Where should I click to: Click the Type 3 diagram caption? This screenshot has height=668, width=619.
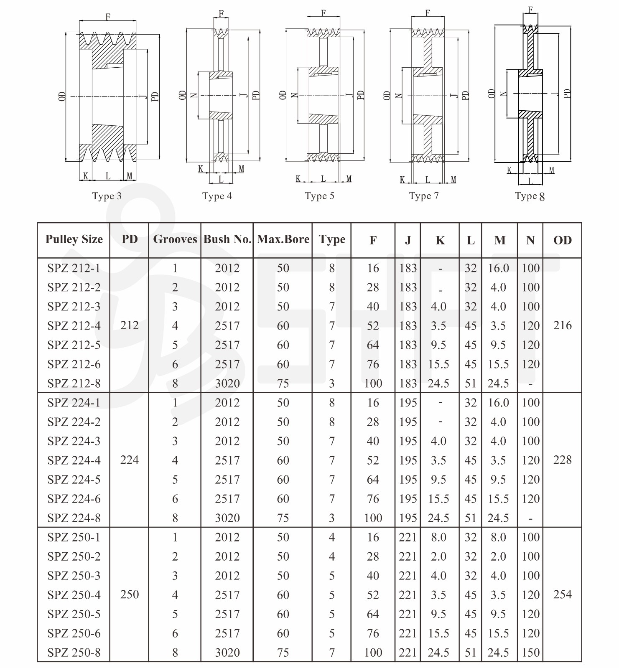107,196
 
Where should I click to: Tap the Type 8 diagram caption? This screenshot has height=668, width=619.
530,196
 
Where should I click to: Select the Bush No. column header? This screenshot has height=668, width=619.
227,239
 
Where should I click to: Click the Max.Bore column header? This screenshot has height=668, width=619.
283,239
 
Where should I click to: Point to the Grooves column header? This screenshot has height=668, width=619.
175,239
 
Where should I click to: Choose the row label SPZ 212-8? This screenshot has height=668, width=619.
74,384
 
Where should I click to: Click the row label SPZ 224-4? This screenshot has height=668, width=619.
74,460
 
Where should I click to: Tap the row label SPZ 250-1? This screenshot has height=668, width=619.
74,537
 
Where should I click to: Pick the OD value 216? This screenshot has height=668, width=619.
562,325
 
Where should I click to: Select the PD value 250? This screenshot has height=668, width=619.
129,594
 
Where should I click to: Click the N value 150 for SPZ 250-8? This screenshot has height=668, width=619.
530,653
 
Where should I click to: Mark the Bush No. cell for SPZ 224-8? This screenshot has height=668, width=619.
227,518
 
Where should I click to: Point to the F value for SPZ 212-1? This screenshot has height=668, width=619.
373,268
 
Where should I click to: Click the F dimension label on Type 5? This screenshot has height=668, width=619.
323,13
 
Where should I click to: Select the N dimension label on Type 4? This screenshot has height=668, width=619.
194,95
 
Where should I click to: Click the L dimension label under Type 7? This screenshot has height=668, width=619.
428,180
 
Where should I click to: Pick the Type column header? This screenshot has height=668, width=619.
332,239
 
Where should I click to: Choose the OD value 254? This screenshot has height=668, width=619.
562,594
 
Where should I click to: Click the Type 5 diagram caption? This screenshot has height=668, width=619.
319,196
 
